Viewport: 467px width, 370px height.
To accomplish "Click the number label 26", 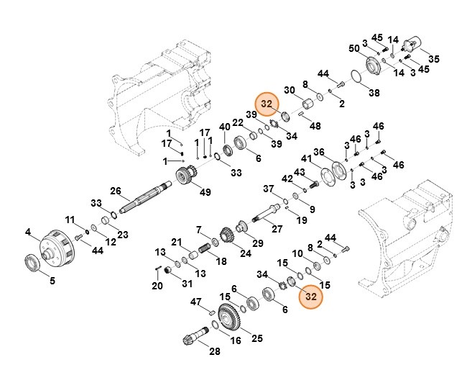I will tap(115, 191).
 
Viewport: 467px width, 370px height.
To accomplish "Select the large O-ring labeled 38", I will tap(354, 78).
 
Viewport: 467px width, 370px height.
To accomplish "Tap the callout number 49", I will tap(205, 192).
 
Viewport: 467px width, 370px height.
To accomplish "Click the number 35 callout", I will tap(433, 58).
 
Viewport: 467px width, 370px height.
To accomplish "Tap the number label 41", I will tap(306, 158).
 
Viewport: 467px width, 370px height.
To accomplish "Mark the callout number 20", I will tap(157, 286).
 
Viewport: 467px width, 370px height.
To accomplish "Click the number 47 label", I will tap(195, 302).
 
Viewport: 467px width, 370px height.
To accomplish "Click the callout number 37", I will tap(268, 189).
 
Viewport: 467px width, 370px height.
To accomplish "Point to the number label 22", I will tap(237, 122).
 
